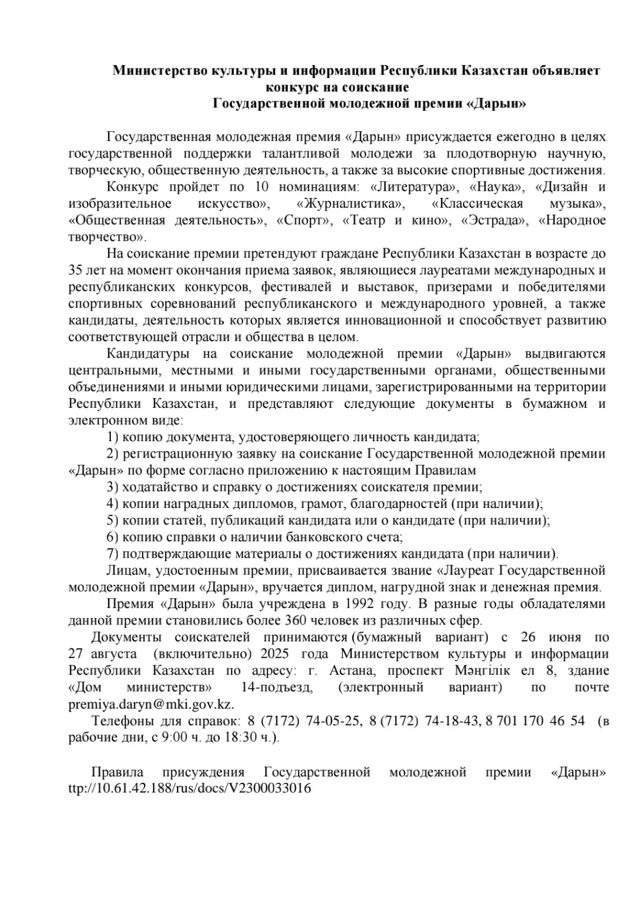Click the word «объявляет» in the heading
tap(564, 71)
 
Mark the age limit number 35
tap(75, 270)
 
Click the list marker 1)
tap(113, 437)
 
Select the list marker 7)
tap(113, 554)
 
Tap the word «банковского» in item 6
tap(317, 537)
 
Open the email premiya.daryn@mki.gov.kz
tap(151, 705)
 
